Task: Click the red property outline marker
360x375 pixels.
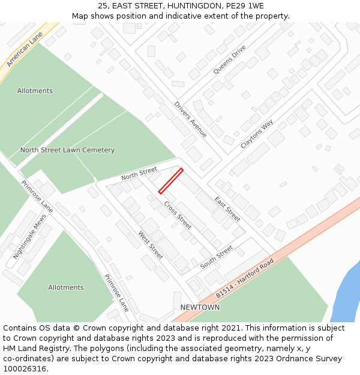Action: pyautogui.click(x=170, y=181)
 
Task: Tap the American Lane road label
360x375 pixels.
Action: pyautogui.click(x=26, y=49)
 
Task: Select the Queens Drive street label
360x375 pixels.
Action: pyautogui.click(x=229, y=60)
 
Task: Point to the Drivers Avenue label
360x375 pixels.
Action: pyautogui.click(x=191, y=119)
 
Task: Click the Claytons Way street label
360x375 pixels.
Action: pyautogui.click(x=257, y=134)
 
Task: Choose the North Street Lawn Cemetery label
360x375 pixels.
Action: pyautogui.click(x=67, y=150)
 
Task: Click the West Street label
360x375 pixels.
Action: pyautogui.click(x=150, y=245)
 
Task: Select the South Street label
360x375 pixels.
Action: pyautogui.click(x=216, y=257)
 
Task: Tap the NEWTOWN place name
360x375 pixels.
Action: pyautogui.click(x=200, y=307)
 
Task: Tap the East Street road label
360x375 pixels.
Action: pyautogui.click(x=227, y=209)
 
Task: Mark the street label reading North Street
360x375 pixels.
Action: pyautogui.click(x=139, y=174)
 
